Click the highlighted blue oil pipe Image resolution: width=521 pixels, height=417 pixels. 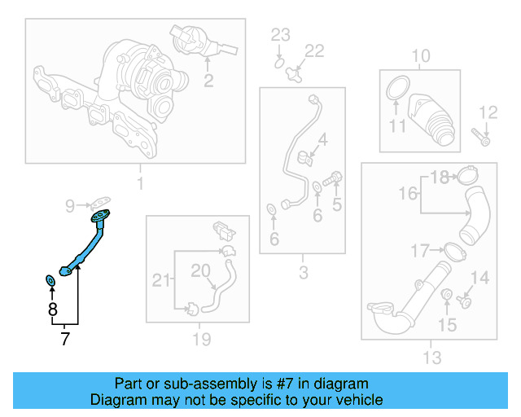click(87, 245)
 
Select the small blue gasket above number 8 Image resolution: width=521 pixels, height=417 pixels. click(50, 281)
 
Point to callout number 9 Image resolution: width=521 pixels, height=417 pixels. click(70, 204)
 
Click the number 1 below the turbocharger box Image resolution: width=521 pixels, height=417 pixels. click(139, 183)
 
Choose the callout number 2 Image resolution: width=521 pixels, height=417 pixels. click(208, 80)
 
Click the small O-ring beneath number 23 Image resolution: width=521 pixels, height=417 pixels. click(278, 60)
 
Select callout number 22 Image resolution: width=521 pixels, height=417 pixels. click(313, 51)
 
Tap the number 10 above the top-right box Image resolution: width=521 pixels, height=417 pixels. click(421, 56)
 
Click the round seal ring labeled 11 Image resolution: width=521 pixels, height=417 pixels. click(396, 87)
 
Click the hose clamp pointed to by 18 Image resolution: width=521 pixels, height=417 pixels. click(467, 176)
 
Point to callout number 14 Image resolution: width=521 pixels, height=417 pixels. click(479, 278)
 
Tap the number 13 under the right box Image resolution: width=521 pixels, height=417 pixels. click(431, 357)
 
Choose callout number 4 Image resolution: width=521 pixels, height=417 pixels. click(322, 140)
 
